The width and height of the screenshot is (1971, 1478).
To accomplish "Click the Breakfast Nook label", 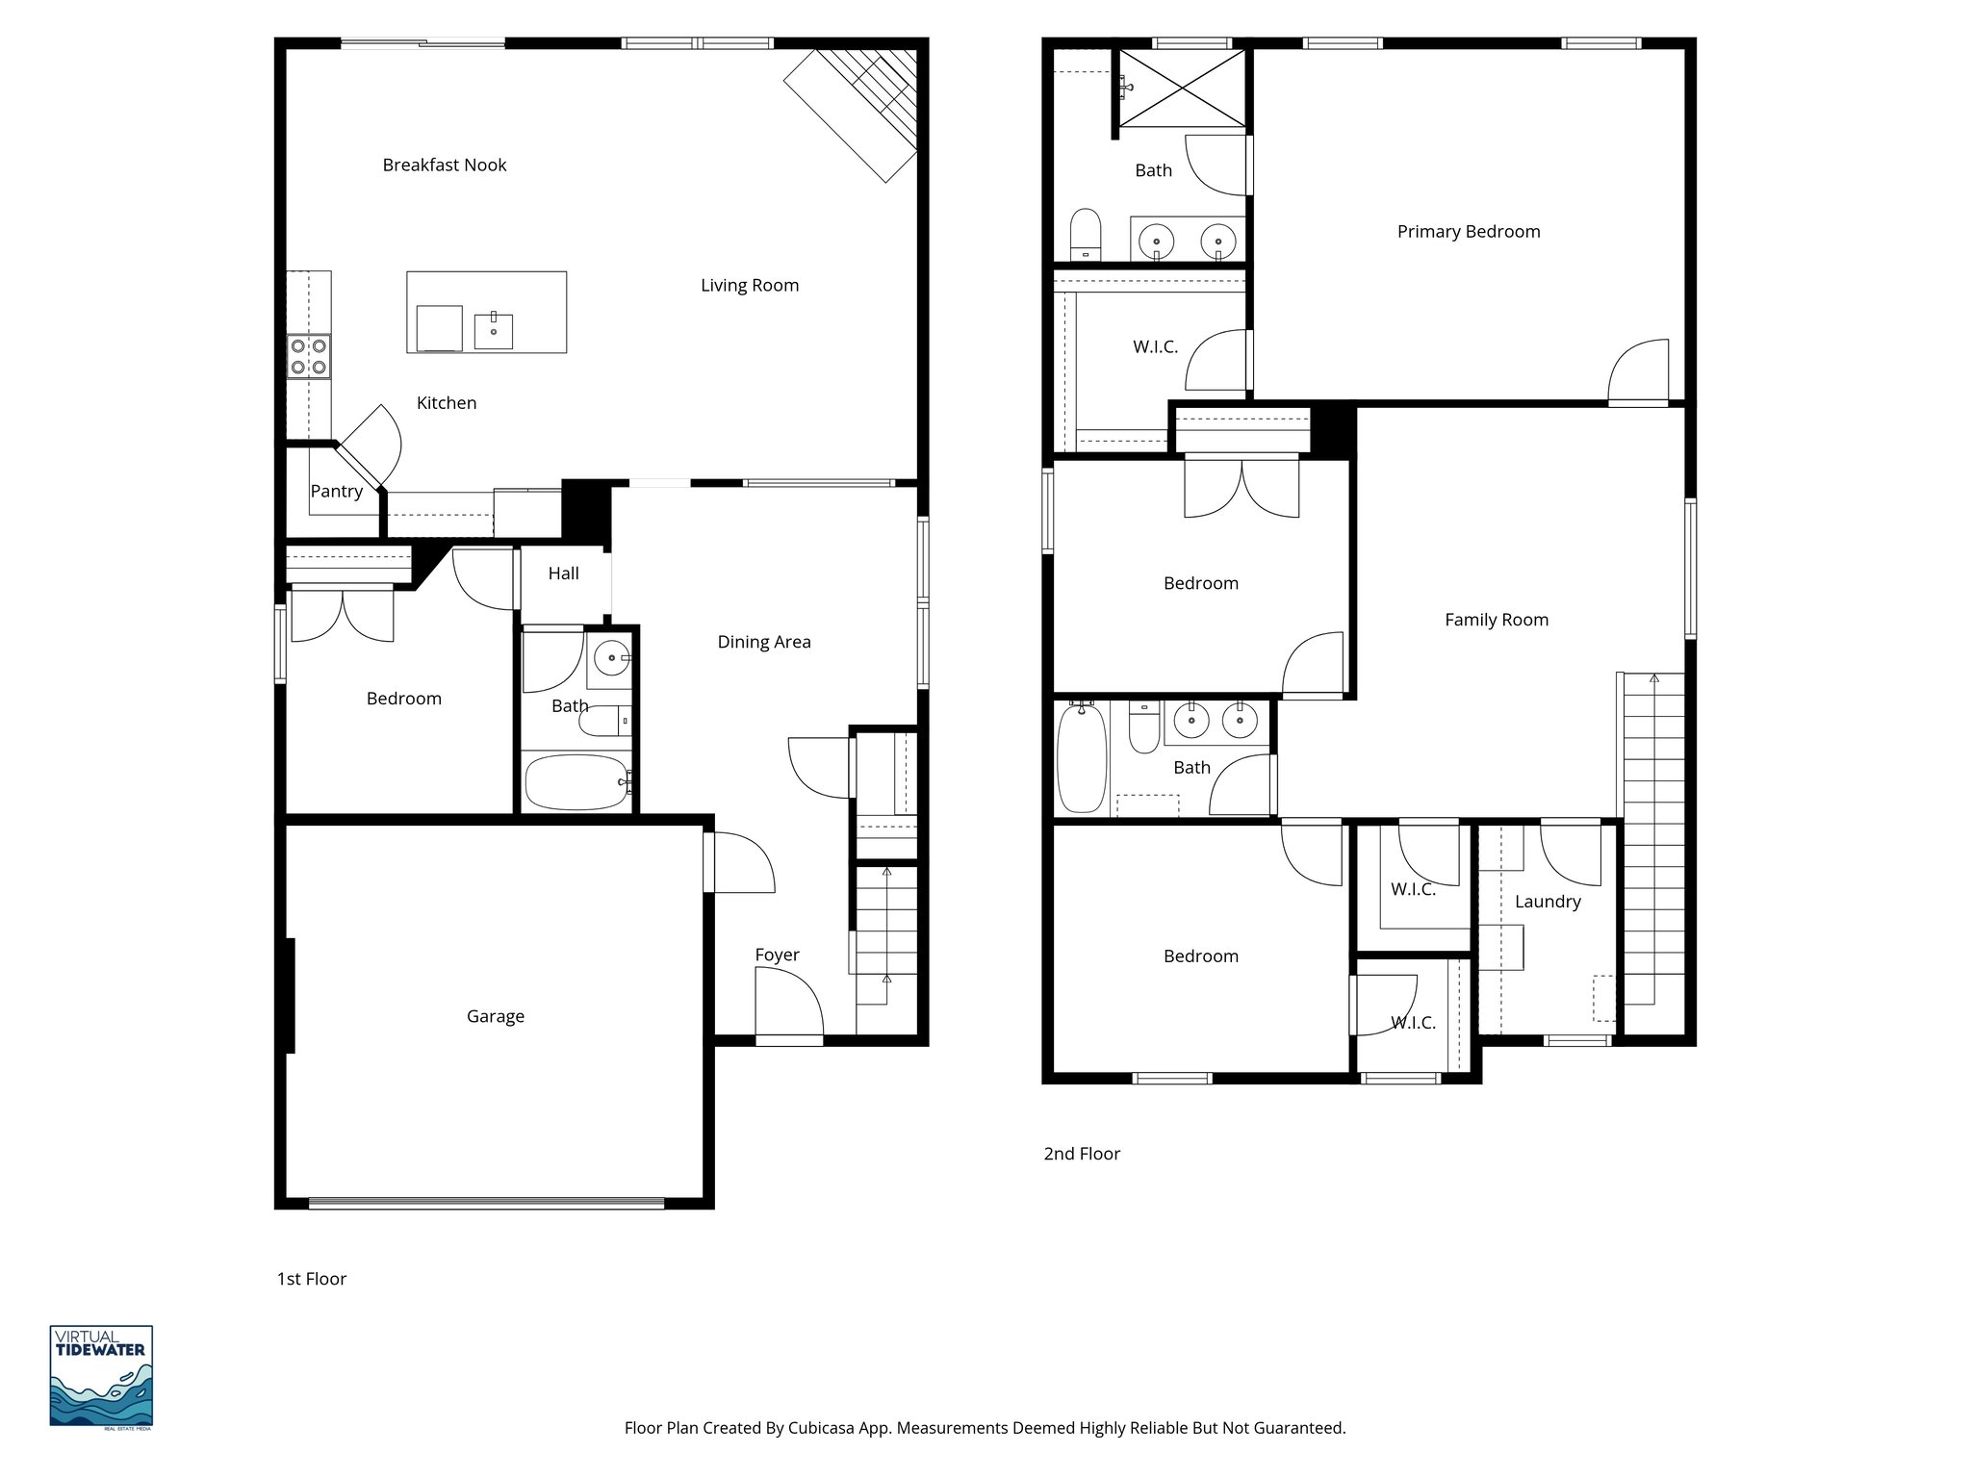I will pos(444,165).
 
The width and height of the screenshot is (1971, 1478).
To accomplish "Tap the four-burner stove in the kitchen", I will pos(309,355).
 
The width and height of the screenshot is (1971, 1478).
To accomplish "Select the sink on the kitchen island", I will pos(493,330).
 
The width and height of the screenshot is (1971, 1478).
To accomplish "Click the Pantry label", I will pos(336,491).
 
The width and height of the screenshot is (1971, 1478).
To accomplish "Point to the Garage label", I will pos(495,1016).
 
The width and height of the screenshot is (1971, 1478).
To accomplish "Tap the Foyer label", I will pos(777,955).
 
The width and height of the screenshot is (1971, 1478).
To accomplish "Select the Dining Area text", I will pos(763,642).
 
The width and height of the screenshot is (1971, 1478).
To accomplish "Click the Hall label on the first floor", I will pos(563,573).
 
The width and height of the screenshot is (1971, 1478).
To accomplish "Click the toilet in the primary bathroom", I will pos(1086,234).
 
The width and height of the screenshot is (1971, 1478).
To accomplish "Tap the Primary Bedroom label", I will pos(1468,231).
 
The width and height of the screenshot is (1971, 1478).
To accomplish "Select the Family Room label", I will pos(1496,620).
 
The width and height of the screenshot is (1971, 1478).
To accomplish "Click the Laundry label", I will pos(1547,902).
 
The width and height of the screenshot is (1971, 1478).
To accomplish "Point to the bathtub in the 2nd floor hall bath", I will pos(1081,757).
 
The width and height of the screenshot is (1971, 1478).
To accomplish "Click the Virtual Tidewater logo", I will pos(101,1376).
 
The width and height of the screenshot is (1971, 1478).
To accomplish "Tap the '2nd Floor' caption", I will pos(1082,1154).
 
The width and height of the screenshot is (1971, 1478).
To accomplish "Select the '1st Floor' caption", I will pos(311,1279).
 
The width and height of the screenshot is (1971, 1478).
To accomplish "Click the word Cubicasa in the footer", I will pos(825,1428).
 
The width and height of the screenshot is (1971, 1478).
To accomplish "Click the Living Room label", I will pos(749,285).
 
